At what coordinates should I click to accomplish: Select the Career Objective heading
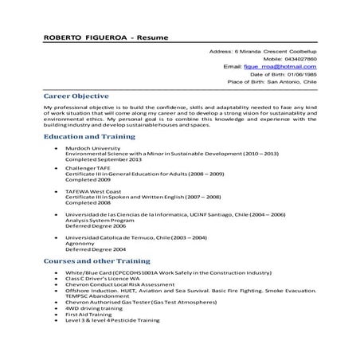76,96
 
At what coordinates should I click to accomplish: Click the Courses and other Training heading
96,261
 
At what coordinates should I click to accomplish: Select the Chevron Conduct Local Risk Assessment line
119,284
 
